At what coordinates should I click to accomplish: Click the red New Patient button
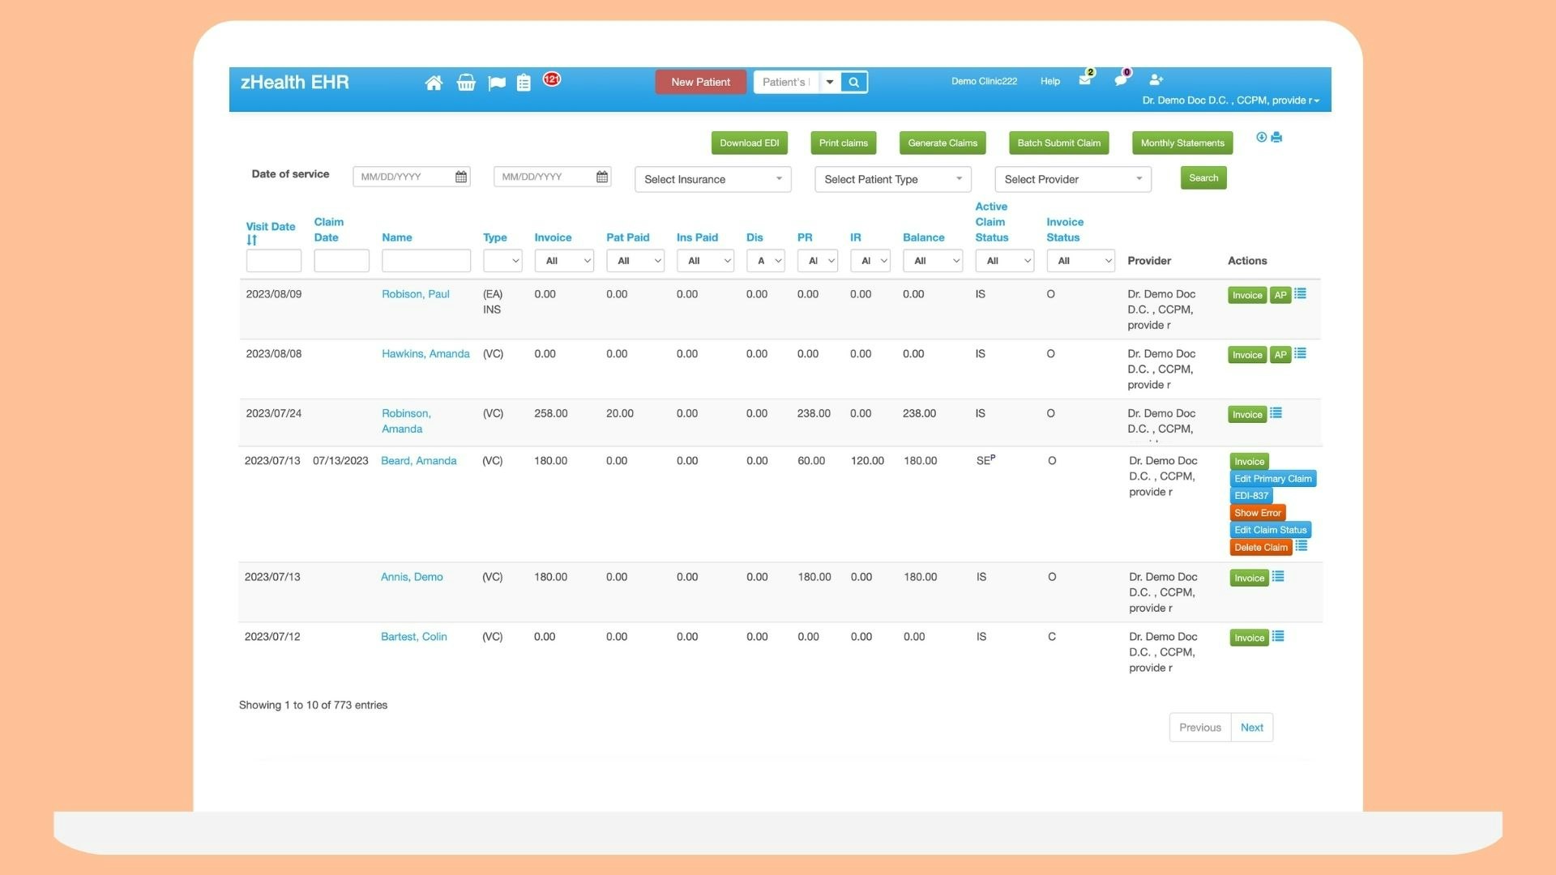700,82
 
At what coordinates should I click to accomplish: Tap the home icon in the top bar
434,83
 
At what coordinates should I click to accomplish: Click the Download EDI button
749,143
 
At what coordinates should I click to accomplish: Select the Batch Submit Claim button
1058,143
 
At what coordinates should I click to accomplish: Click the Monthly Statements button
1182,143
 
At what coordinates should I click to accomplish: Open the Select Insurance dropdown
712,179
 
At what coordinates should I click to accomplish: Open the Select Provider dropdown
1072,179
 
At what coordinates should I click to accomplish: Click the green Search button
1203,178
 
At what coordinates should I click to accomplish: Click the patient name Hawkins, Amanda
425,354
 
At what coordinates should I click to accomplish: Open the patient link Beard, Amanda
418,461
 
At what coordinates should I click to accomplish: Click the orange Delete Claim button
1260,548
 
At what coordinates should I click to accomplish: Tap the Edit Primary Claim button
1272,479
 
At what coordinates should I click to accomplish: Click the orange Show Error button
1257,513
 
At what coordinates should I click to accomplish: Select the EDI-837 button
1250,496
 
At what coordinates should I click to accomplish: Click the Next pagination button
1251,728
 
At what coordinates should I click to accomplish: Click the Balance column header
923,237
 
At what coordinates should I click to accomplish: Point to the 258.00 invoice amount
551,414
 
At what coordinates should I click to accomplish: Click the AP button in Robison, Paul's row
1280,296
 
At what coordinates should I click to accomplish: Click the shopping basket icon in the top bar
465,83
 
